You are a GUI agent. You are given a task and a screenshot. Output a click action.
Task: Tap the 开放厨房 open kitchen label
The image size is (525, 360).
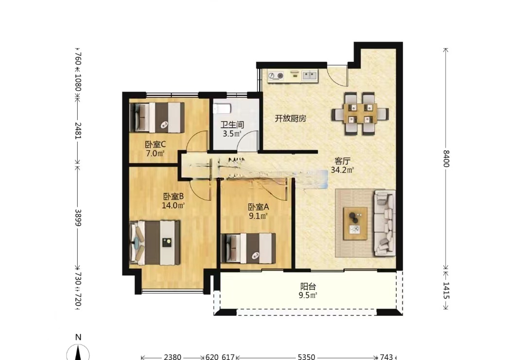[290, 119]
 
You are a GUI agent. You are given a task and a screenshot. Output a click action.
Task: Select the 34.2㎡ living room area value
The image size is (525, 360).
[342, 170]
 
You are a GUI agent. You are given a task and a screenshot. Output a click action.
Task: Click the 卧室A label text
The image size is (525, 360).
[258, 206]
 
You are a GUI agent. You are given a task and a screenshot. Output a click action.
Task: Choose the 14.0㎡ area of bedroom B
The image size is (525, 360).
[173, 205]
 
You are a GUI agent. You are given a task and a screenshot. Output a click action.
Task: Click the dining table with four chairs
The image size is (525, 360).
[360, 114]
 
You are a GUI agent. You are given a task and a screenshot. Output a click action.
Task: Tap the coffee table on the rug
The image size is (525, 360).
[355, 223]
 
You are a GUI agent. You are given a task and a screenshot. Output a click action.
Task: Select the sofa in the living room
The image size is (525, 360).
[385, 223]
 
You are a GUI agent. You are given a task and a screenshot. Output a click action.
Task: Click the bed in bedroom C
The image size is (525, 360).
[157, 117]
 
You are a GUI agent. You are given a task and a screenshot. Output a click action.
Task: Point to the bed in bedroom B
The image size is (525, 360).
[155, 242]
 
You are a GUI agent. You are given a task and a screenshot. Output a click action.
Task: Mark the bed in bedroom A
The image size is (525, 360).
[248, 248]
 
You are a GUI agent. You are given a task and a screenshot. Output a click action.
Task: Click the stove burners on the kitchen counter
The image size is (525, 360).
[276, 76]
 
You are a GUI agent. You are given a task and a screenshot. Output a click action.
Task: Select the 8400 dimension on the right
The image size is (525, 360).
[446, 158]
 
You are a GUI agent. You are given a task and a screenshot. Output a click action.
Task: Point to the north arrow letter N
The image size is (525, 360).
[77, 337]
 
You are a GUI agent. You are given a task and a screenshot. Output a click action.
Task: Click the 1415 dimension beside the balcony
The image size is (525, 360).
[446, 291]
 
